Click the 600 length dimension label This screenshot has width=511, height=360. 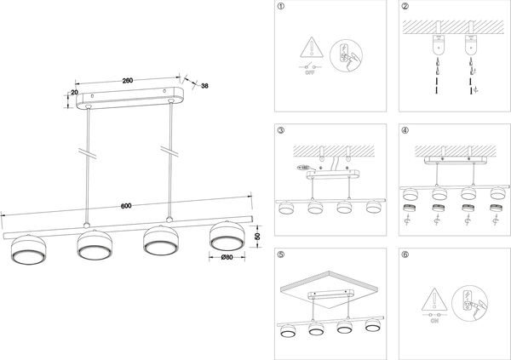click(x=126, y=205)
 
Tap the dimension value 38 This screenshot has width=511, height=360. click(x=205, y=86)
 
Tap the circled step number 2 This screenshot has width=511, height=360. click(x=405, y=7)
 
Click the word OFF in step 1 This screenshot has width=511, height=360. click(x=311, y=73)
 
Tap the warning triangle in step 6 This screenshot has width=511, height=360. click(x=433, y=299)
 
